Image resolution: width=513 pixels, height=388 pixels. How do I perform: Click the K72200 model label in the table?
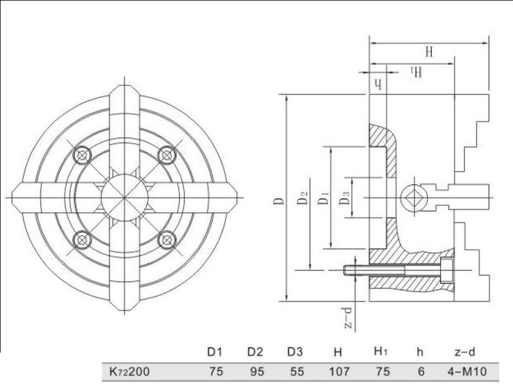click(129, 371)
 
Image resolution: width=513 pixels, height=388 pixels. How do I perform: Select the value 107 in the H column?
click(339, 371)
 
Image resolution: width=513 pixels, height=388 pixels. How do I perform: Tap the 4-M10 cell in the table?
click(467, 371)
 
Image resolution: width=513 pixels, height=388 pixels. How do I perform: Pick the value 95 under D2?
click(257, 371)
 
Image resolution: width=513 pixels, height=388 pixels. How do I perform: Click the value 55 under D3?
click(297, 371)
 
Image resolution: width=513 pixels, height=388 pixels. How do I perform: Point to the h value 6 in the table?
click(421, 371)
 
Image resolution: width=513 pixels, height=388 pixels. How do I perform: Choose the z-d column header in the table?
click(465, 352)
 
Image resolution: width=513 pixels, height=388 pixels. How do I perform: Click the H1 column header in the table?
click(381, 352)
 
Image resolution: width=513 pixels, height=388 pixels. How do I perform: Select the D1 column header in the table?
click(215, 352)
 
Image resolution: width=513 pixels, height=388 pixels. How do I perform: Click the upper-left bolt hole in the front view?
click(82, 155)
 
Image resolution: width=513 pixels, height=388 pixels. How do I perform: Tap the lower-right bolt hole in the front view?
click(167, 240)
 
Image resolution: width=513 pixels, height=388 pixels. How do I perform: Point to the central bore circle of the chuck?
click(125, 197)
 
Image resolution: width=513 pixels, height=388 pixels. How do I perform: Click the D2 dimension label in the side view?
click(303, 198)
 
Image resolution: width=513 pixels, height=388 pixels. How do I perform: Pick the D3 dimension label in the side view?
click(344, 198)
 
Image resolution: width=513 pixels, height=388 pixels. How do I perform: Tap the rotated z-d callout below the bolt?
click(348, 318)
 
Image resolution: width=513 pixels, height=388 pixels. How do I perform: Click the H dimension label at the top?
click(429, 52)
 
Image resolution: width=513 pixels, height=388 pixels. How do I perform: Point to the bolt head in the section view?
click(447, 271)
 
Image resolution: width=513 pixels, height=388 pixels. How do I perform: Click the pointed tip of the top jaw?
click(125, 86)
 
